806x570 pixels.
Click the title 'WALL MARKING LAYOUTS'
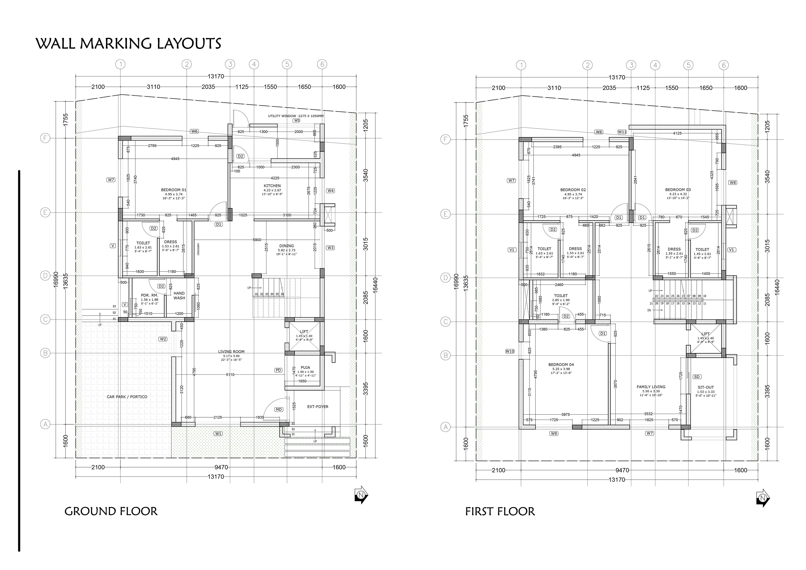128,44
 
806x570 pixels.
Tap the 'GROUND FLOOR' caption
111,511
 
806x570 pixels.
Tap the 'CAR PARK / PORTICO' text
127,397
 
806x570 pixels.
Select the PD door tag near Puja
278,370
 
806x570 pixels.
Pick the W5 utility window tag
297,120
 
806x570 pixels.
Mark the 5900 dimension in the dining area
257,240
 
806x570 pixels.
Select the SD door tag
697,377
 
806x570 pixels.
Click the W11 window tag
622,132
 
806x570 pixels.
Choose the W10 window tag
510,351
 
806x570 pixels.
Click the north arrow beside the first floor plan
763,498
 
